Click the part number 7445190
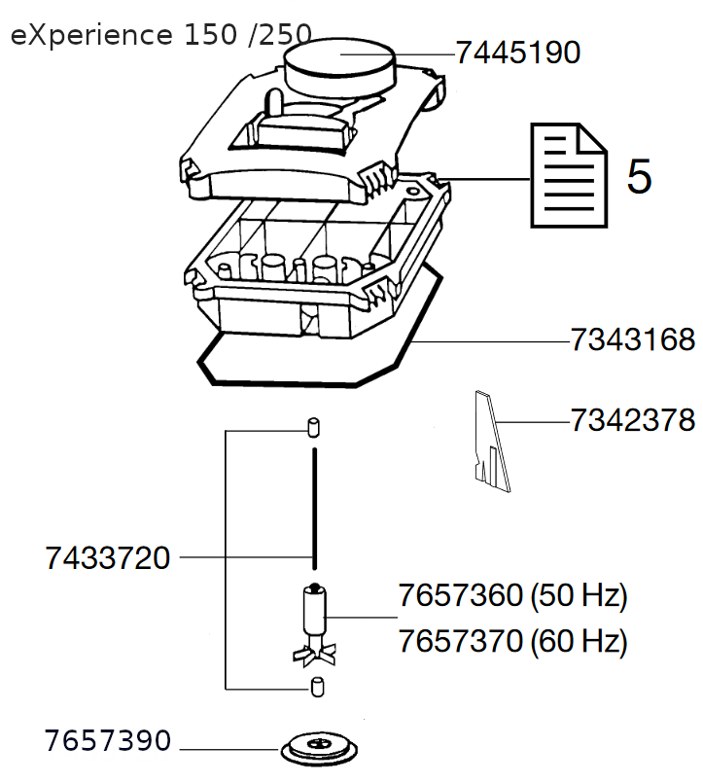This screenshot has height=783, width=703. point(518,53)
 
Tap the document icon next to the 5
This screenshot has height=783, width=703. point(566,174)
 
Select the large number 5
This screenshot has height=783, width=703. point(639,176)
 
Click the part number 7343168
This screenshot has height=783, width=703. point(632,341)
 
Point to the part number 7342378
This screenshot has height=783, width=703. point(632,420)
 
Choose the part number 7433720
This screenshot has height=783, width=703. point(107,558)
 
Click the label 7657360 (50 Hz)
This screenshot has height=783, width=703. point(512,595)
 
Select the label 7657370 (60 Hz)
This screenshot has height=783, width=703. point(512,642)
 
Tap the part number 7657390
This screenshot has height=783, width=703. point(107,741)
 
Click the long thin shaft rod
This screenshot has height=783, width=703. point(314,506)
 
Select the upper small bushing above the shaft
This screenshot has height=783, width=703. point(313,426)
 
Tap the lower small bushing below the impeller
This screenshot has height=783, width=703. point(314,687)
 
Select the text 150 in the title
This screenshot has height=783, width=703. point(210,37)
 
